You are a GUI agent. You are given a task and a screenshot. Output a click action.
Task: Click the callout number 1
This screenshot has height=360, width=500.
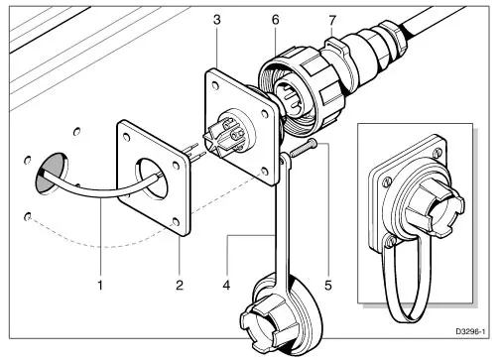click(x=100, y=285)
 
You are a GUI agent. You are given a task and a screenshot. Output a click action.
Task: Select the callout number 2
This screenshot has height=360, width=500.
click(x=180, y=285)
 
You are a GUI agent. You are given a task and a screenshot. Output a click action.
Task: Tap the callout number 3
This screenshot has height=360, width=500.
click(x=217, y=20)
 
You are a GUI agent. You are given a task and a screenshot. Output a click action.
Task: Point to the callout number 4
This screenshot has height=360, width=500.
click(x=226, y=285)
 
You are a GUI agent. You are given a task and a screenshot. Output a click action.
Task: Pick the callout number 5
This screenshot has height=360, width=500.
click(x=327, y=285)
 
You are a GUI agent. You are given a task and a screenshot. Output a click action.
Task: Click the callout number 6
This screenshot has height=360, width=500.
click(x=276, y=20)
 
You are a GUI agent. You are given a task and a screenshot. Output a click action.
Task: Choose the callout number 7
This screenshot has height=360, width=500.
click(x=332, y=20)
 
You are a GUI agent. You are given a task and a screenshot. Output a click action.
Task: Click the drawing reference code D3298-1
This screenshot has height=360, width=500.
click(x=470, y=331)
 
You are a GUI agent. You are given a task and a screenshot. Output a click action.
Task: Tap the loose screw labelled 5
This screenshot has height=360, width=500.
click(x=304, y=148)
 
